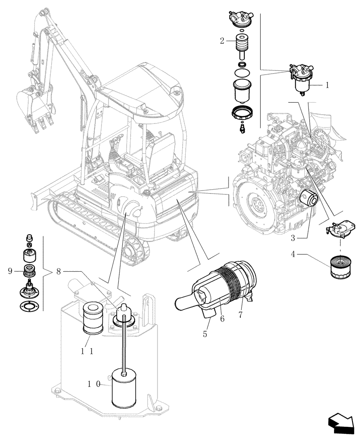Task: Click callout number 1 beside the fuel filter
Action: point(327,86)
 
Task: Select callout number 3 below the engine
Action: point(292,238)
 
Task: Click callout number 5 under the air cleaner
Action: point(205,334)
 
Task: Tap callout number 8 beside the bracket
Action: point(59,272)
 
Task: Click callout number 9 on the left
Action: point(10,272)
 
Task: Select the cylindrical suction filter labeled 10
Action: point(126,388)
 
